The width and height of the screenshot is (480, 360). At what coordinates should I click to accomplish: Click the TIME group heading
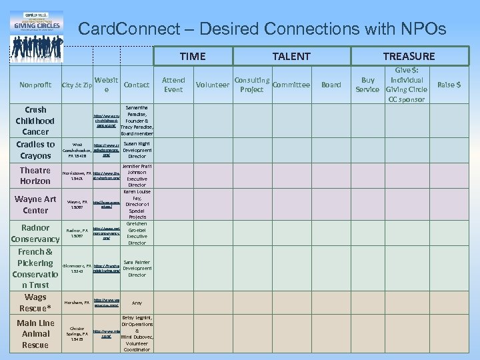(x=193, y=57)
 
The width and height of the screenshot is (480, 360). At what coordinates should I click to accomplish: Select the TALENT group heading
(x=291, y=57)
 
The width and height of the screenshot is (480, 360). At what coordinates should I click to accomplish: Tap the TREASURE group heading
(x=409, y=57)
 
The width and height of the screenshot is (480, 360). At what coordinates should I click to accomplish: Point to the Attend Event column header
(x=173, y=85)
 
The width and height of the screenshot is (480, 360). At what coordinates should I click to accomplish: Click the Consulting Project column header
(x=252, y=85)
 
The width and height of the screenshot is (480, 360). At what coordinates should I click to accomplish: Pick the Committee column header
(x=291, y=85)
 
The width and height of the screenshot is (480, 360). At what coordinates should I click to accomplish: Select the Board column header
(x=331, y=85)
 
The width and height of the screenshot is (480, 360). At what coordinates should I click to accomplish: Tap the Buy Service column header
(x=367, y=85)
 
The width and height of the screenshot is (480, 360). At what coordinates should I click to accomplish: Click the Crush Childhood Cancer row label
(x=35, y=121)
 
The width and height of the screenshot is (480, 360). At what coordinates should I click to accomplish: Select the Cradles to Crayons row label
(x=35, y=150)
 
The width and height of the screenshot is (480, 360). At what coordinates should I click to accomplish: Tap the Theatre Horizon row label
(x=35, y=175)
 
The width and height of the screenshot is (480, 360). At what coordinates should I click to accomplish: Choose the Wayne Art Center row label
(x=35, y=204)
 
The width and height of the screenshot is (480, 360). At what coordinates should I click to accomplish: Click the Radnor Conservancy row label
(x=35, y=233)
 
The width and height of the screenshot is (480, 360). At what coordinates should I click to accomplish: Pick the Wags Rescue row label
(x=35, y=303)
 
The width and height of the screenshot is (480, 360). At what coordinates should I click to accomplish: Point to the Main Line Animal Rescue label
(x=35, y=333)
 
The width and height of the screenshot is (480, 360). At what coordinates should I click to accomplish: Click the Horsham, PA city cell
(x=77, y=303)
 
